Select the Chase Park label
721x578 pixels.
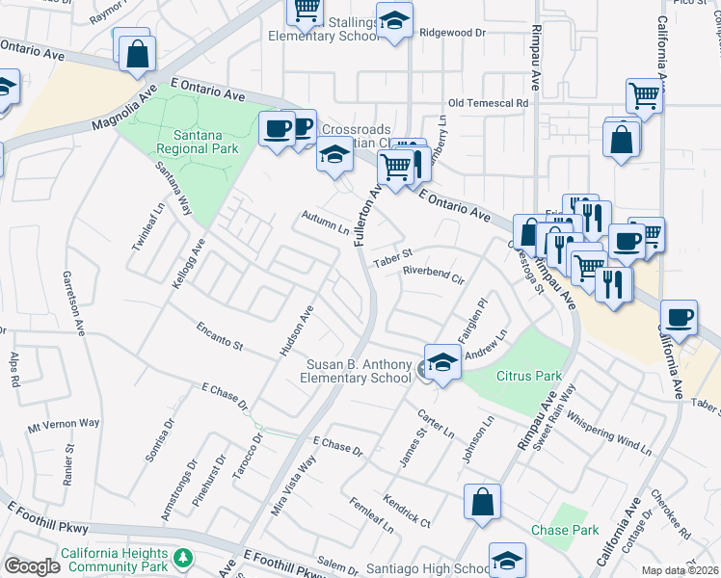564,530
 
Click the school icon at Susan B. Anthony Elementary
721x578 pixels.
442,363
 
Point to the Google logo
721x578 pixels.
32,566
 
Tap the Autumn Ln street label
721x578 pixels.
325,223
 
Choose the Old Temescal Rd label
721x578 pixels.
489,103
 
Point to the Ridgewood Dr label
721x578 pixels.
453,32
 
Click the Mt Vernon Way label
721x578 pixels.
64,424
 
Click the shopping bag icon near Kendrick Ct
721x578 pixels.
482,502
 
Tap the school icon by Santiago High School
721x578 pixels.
507,561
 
